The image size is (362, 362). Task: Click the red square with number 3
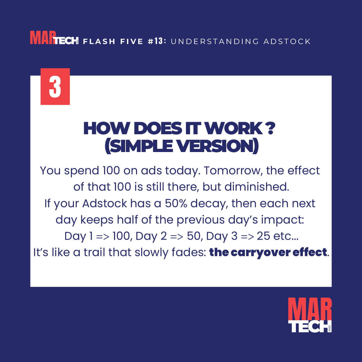click(55, 87)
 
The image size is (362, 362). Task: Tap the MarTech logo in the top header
click(54, 38)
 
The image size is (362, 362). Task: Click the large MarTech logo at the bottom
click(310, 315)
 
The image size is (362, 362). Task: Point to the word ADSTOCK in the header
click(287, 42)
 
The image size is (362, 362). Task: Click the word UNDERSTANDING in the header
click(214, 42)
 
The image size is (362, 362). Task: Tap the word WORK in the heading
click(233, 129)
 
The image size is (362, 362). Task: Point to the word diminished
click(257, 187)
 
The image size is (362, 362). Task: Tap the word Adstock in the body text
click(104, 203)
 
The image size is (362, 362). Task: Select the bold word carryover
click(260, 253)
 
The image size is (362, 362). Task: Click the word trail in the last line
click(94, 252)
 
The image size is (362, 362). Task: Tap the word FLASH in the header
click(99, 42)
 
